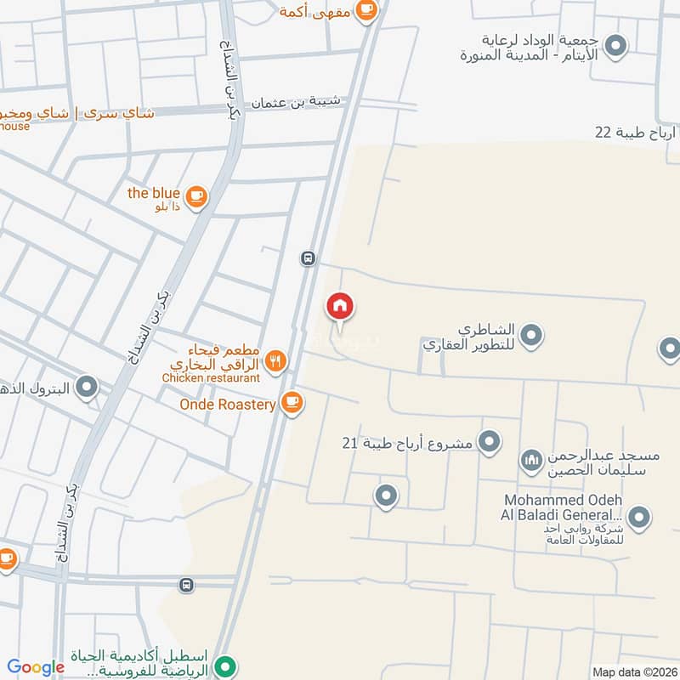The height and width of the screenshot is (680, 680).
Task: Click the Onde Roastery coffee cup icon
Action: pos(292,403)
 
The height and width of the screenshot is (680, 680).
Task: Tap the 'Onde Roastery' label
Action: pos(228,405)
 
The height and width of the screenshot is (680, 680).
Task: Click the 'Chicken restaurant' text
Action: pos(210,377)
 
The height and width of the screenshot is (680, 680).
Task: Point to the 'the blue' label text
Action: pos(154,193)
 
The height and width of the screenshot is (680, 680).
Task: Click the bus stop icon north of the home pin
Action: pos(308,258)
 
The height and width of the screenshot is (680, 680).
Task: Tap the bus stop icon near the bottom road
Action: pos(186,585)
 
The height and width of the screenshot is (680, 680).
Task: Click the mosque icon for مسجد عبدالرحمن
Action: pos(531,461)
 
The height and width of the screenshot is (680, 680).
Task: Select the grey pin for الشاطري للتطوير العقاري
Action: pos(531,336)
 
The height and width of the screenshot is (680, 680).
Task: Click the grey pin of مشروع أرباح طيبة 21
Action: pos(489,441)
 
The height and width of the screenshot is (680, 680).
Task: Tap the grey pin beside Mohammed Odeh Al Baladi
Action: pos(639,516)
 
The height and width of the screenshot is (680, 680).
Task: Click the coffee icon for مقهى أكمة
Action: pos(366,9)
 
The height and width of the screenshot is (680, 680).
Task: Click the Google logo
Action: pos(36,667)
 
